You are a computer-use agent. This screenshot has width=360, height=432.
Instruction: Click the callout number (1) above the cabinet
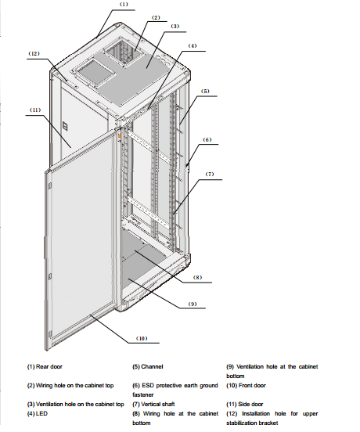pyautogui.click(x=124, y=5)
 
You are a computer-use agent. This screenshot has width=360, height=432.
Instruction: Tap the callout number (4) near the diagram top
pyautogui.click(x=193, y=45)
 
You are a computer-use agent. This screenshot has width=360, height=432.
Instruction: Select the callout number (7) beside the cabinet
pyautogui.click(x=210, y=174)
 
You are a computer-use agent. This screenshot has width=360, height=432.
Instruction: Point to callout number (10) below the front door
pyautogui.click(x=142, y=338)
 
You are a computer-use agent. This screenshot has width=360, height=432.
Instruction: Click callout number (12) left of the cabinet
pyautogui.click(x=34, y=53)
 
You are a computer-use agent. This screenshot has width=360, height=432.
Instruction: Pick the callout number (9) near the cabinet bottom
pyautogui.click(x=193, y=304)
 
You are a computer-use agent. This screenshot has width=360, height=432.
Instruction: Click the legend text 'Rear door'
pyautogui.click(x=49, y=367)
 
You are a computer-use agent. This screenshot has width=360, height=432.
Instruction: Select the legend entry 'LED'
pyautogui.click(x=41, y=413)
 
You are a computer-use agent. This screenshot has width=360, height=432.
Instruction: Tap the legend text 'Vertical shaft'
pyautogui.click(x=158, y=404)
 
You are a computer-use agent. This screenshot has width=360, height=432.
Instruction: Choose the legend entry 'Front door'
pyautogui.click(x=252, y=386)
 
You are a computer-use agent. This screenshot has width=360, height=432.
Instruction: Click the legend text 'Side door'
pyautogui.click(x=250, y=404)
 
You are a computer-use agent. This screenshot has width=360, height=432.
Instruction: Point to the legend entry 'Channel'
pyautogui.click(x=152, y=367)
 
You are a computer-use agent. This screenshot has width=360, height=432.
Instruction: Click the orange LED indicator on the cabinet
pyautogui.click(x=119, y=136)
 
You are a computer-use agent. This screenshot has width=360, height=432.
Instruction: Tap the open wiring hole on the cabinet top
pyautogui.click(x=124, y=52)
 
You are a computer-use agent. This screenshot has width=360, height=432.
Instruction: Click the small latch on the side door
pyautogui.click(x=65, y=126)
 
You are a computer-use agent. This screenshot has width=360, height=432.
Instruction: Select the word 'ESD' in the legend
pyautogui.click(x=148, y=386)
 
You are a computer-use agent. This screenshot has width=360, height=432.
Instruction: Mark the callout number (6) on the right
pyautogui.click(x=207, y=139)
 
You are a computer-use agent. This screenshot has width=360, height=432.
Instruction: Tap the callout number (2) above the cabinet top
pyautogui.click(x=156, y=18)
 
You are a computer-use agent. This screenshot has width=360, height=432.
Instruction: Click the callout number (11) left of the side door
pyautogui.click(x=35, y=110)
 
